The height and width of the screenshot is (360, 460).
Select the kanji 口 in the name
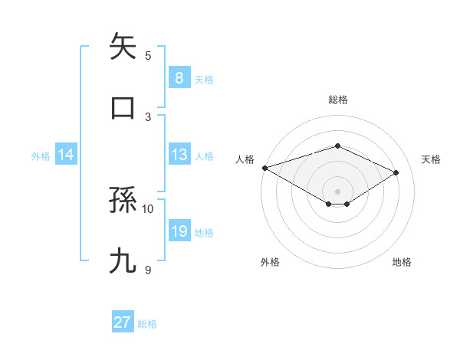tap(123, 107)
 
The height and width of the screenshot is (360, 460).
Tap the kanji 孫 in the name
tap(123, 201)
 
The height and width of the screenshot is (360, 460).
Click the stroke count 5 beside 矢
tap(148, 55)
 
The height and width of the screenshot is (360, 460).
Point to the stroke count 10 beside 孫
tap(148, 208)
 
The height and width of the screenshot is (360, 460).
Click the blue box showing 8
tap(179, 78)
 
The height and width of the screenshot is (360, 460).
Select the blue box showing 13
tap(179, 155)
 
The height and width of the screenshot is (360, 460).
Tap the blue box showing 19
tap(179, 231)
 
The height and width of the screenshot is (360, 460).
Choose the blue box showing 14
tap(66, 155)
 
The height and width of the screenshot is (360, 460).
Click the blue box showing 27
tap(123, 322)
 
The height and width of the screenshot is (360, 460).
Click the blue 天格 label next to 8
tap(204, 79)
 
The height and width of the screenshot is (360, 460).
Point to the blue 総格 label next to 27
tap(147, 323)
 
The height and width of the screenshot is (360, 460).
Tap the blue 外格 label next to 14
tap(41, 155)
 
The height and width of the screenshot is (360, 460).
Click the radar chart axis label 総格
tap(337, 100)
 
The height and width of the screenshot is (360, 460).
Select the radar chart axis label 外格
tap(270, 262)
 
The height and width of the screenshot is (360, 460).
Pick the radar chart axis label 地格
tap(402, 262)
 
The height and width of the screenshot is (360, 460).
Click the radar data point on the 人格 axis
tap(264, 167)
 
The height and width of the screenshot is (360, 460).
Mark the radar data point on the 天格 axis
tap(396, 172)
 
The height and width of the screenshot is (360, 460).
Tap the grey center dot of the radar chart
tap(337, 191)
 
